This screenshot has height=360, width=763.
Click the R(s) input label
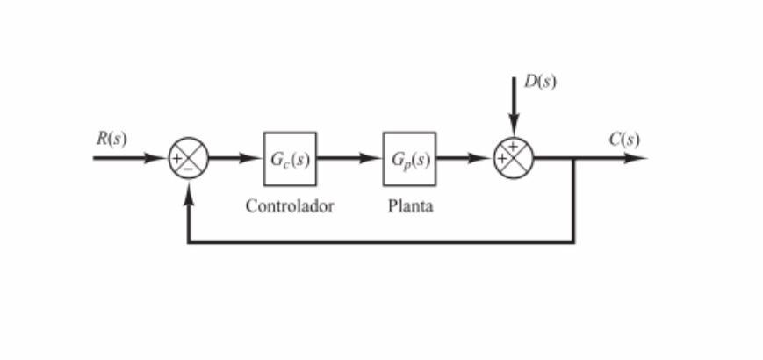tap(111, 139)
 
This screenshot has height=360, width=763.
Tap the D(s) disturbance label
tap(539, 82)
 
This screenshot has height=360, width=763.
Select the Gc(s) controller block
tap(290, 159)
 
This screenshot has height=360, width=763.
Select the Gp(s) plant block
tap(409, 159)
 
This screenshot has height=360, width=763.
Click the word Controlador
tap(290, 207)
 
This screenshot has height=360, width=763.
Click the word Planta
tap(410, 207)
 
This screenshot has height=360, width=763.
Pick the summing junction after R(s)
tap(188, 159)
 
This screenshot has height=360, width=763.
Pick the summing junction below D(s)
tap(514, 159)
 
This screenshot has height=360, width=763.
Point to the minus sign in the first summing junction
tap(187, 169)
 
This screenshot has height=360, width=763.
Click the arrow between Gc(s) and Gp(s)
tap(349, 159)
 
